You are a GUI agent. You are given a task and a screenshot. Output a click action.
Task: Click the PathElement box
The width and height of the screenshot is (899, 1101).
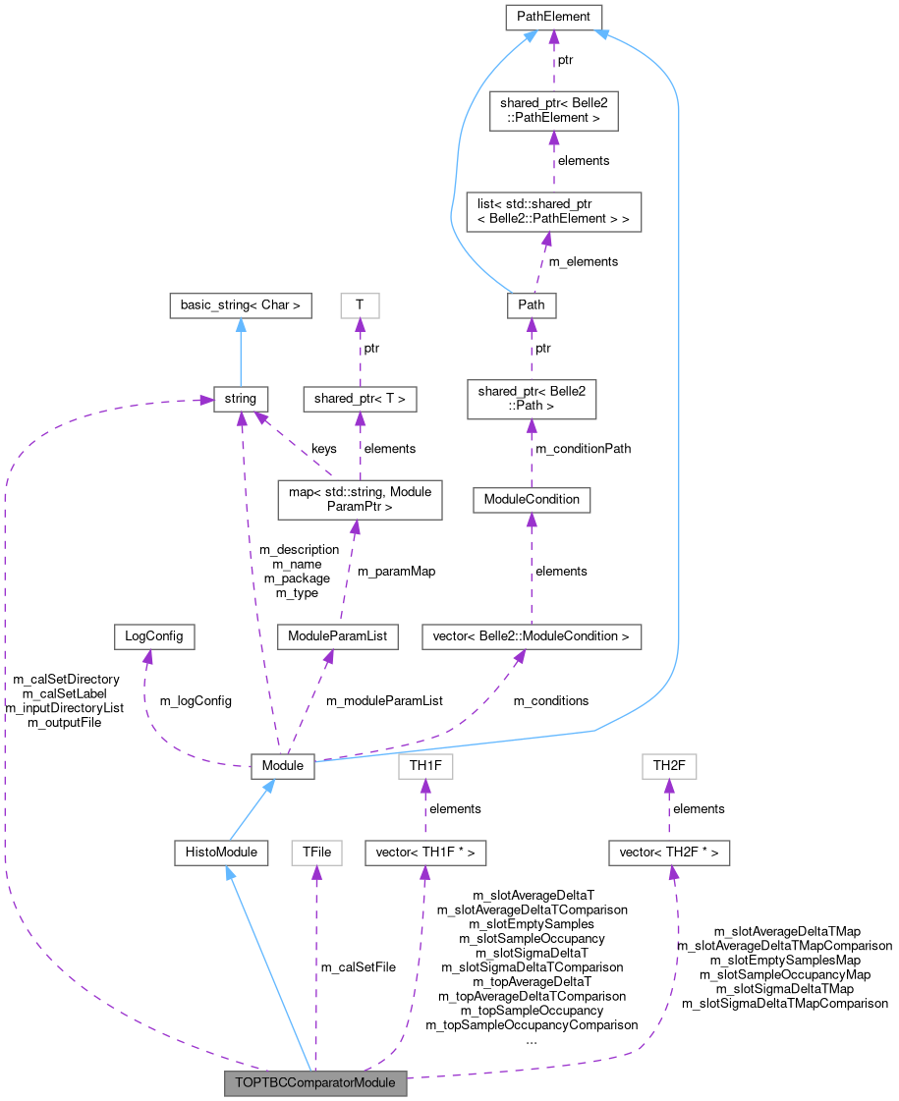(x=553, y=17)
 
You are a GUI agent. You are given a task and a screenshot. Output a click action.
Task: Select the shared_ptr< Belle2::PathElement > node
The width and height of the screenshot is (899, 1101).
(x=553, y=111)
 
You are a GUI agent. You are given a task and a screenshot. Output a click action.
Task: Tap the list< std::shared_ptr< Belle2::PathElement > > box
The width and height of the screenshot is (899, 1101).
(x=553, y=211)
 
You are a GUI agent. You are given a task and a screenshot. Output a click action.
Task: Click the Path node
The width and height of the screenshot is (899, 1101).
(x=531, y=305)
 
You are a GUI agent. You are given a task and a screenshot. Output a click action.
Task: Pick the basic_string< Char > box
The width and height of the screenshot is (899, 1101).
(x=240, y=305)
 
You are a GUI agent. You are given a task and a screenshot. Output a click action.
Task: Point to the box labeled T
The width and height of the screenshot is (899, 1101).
(x=360, y=305)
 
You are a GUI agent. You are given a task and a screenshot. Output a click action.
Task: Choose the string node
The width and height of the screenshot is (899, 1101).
(x=240, y=399)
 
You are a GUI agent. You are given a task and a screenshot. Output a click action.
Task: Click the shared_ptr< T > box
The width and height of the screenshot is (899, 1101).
(x=360, y=399)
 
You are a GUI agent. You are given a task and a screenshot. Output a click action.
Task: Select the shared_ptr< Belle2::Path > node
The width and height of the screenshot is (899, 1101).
(x=531, y=400)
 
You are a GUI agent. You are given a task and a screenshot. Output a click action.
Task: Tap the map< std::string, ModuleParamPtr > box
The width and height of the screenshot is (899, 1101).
(x=360, y=498)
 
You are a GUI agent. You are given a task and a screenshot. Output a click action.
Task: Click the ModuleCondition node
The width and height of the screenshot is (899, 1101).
(x=531, y=499)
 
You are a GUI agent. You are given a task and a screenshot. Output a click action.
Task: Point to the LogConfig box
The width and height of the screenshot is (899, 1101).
(x=152, y=636)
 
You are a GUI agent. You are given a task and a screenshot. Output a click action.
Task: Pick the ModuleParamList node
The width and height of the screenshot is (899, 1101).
(x=337, y=636)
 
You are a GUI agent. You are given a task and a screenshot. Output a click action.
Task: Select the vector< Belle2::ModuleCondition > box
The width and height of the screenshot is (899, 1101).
(x=531, y=636)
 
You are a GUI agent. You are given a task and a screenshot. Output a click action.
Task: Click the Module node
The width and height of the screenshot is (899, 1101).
(x=282, y=766)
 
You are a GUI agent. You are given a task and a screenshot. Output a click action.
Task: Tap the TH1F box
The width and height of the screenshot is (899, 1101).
(x=424, y=766)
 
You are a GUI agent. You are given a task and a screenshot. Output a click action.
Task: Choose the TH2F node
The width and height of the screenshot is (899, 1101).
(x=668, y=766)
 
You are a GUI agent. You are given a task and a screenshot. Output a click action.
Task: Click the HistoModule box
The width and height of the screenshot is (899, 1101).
(x=221, y=853)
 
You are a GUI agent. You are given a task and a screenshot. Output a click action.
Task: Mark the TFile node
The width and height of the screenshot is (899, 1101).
(x=315, y=853)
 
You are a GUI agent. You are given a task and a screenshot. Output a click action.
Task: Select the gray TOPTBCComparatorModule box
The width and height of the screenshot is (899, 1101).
(x=315, y=1084)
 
